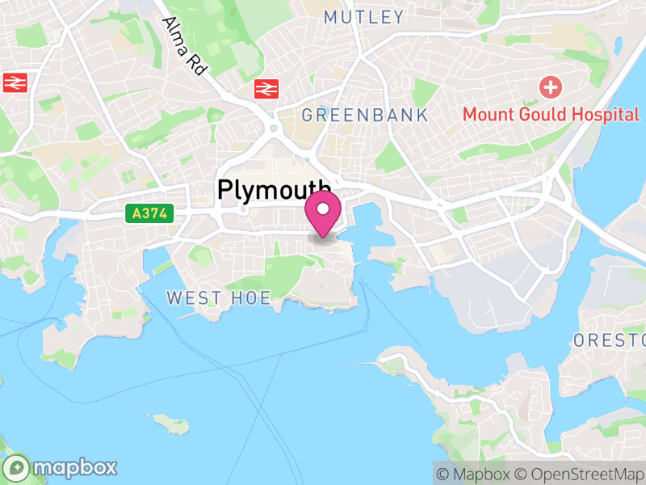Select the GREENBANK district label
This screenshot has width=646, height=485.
click(365, 116)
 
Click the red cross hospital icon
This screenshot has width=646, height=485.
click(551, 86)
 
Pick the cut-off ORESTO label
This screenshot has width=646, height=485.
click(610, 340)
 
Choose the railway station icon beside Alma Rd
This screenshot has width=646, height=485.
click(264, 88)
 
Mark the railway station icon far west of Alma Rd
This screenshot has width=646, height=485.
click(15, 82)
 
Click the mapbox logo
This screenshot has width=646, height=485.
click(61, 467)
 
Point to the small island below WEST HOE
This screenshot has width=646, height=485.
click(172, 423)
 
